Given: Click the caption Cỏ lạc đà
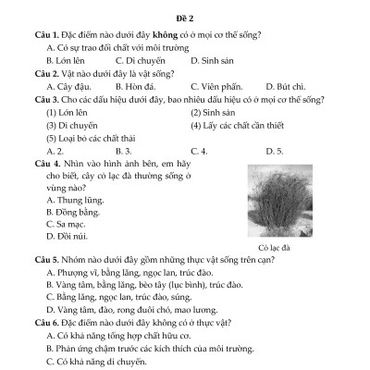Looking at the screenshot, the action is (275, 248).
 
